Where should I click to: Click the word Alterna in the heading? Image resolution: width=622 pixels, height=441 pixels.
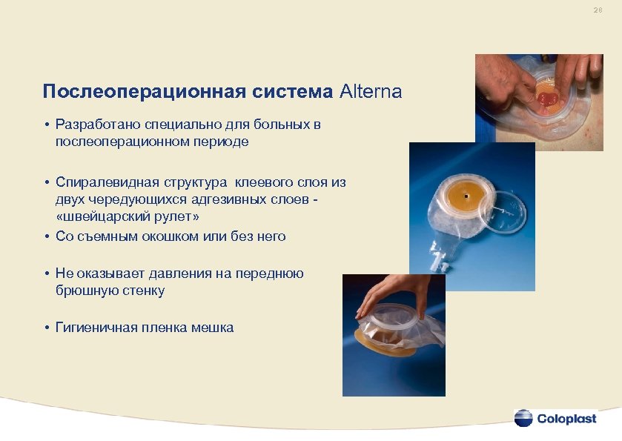tap(371, 92)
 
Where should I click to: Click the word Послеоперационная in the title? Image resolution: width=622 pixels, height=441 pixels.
tap(141, 92)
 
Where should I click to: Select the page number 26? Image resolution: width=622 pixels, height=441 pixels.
tap(598, 11)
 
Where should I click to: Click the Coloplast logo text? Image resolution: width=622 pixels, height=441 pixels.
tap(566, 418)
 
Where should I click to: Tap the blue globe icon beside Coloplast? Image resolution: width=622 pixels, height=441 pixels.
tap(523, 418)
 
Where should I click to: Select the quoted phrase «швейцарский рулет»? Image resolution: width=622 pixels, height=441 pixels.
tap(128, 217)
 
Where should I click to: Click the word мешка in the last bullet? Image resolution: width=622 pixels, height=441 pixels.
tap(215, 327)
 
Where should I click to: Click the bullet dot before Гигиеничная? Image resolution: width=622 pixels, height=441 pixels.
tap(46, 327)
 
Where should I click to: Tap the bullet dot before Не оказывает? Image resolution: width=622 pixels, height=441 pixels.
tap(46, 273)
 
